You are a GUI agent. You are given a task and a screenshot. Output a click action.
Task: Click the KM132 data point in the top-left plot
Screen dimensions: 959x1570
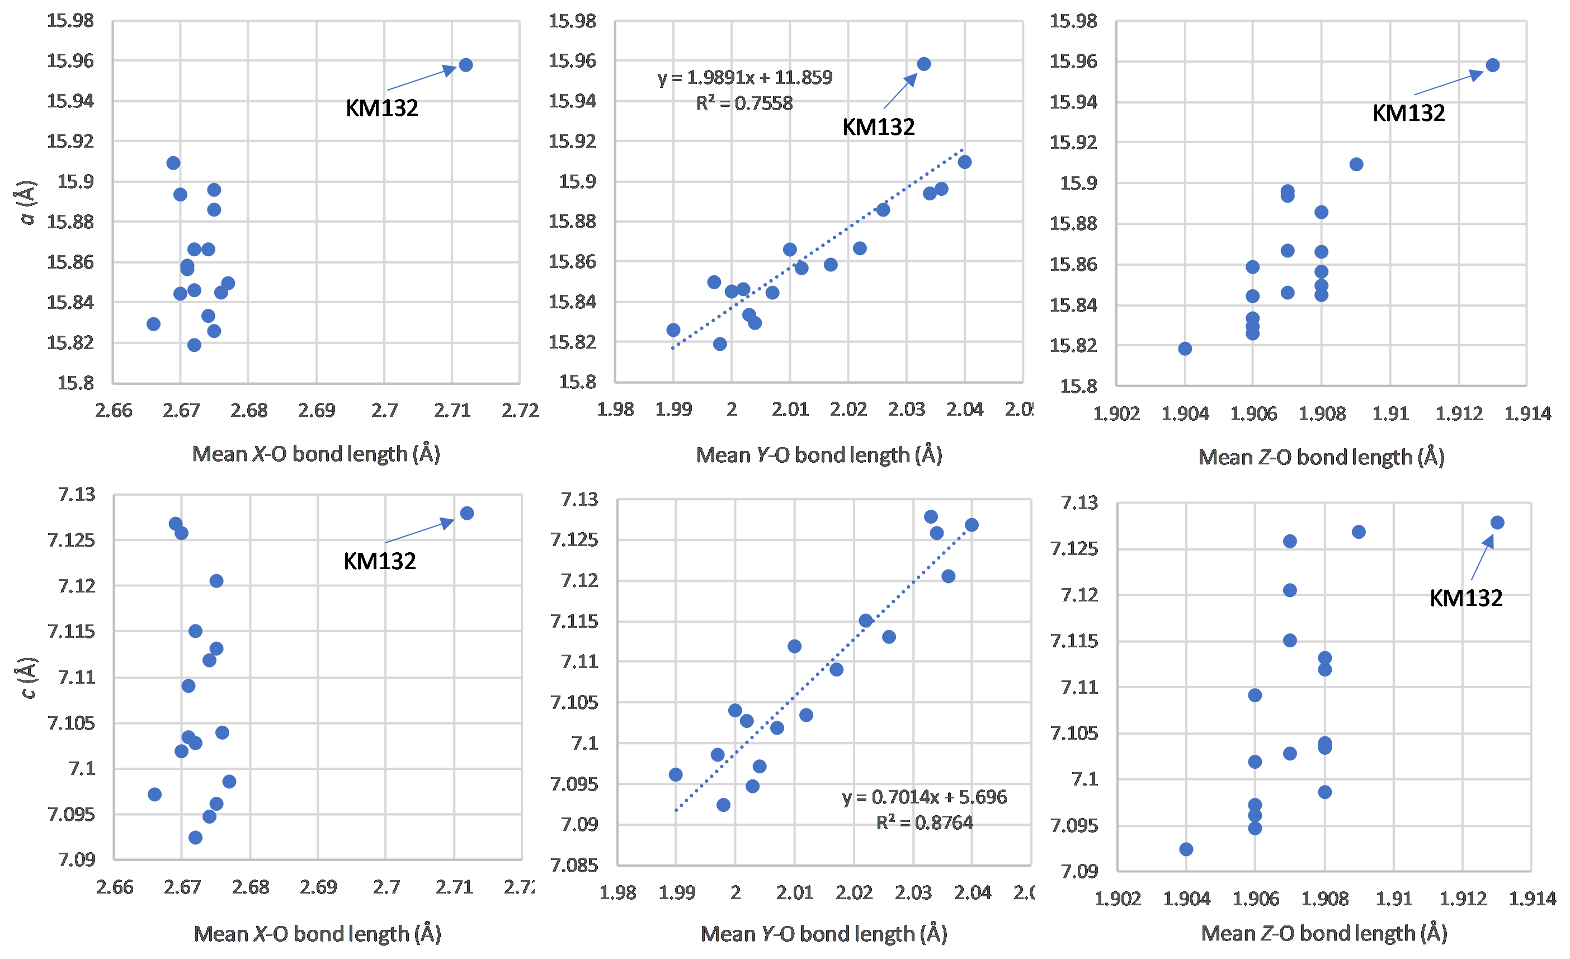coord(466,65)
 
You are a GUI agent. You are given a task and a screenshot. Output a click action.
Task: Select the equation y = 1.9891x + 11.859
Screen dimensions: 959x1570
coord(745,77)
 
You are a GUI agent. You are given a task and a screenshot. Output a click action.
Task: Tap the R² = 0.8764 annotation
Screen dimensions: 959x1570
coord(924,822)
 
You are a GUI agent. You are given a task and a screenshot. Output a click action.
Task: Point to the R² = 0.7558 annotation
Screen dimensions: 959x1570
coord(744,103)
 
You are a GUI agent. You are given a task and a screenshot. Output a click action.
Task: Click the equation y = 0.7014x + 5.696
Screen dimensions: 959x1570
coord(924,797)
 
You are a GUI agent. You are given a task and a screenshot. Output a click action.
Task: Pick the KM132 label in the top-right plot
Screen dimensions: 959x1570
coord(1408,113)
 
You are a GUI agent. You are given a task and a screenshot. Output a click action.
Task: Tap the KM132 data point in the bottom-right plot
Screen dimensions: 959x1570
coord(1497,523)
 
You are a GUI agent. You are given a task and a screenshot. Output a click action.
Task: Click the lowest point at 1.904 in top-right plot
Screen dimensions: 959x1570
coord(1185,349)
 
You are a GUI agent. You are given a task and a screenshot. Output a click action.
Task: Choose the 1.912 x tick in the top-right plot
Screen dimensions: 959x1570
coord(1459,414)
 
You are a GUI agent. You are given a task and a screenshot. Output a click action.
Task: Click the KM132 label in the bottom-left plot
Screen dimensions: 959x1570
coord(380,561)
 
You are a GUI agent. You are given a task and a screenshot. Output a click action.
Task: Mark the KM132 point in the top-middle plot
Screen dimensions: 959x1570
coord(924,64)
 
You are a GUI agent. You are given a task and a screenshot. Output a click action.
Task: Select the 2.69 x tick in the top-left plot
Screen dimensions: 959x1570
coord(317,410)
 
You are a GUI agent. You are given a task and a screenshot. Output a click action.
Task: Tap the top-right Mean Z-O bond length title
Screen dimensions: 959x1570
coord(1321,457)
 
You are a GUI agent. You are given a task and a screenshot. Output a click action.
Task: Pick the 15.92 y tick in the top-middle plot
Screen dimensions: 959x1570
coord(572,141)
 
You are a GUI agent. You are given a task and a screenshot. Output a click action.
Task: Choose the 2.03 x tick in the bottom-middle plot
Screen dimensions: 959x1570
coord(913,893)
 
